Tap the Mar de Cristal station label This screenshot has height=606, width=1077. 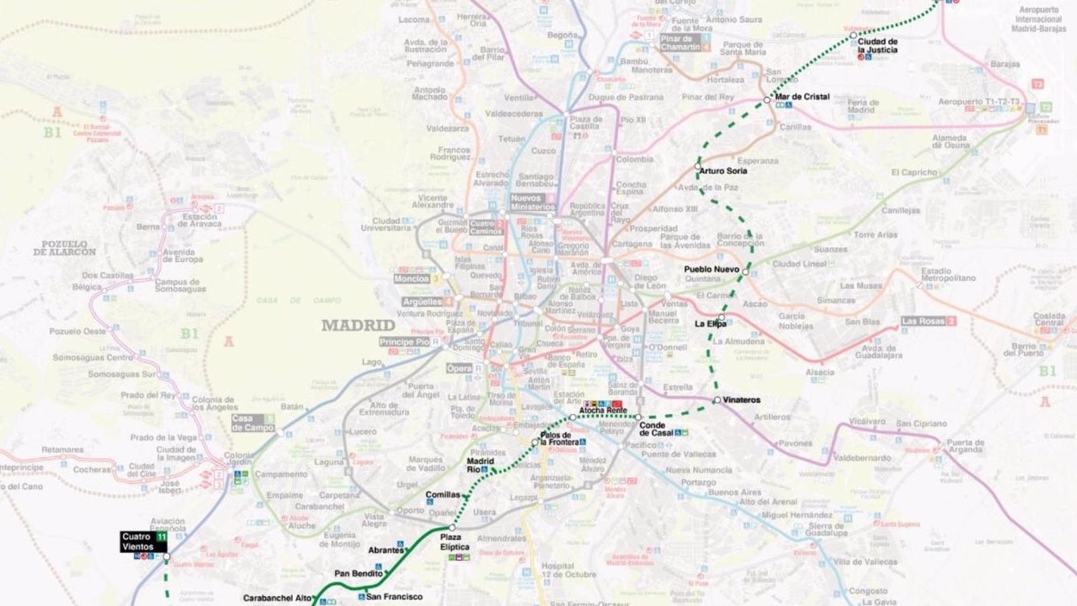[802, 96]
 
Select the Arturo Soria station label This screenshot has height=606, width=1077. [723, 171]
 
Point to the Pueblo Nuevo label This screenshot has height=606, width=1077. [711, 269]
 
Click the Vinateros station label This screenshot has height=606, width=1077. [741, 400]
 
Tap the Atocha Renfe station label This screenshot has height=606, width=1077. [603, 410]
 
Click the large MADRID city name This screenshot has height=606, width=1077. [358, 326]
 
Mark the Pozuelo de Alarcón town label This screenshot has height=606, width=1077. [65, 248]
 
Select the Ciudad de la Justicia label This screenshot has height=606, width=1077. [877, 45]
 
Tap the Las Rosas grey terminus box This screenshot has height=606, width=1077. [928, 321]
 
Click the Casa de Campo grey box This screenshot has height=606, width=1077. [252, 423]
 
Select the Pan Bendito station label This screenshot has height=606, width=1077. [358, 574]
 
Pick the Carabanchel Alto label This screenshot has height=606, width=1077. [277, 598]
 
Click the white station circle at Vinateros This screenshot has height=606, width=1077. [717, 400]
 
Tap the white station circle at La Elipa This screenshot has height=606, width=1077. [722, 317]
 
